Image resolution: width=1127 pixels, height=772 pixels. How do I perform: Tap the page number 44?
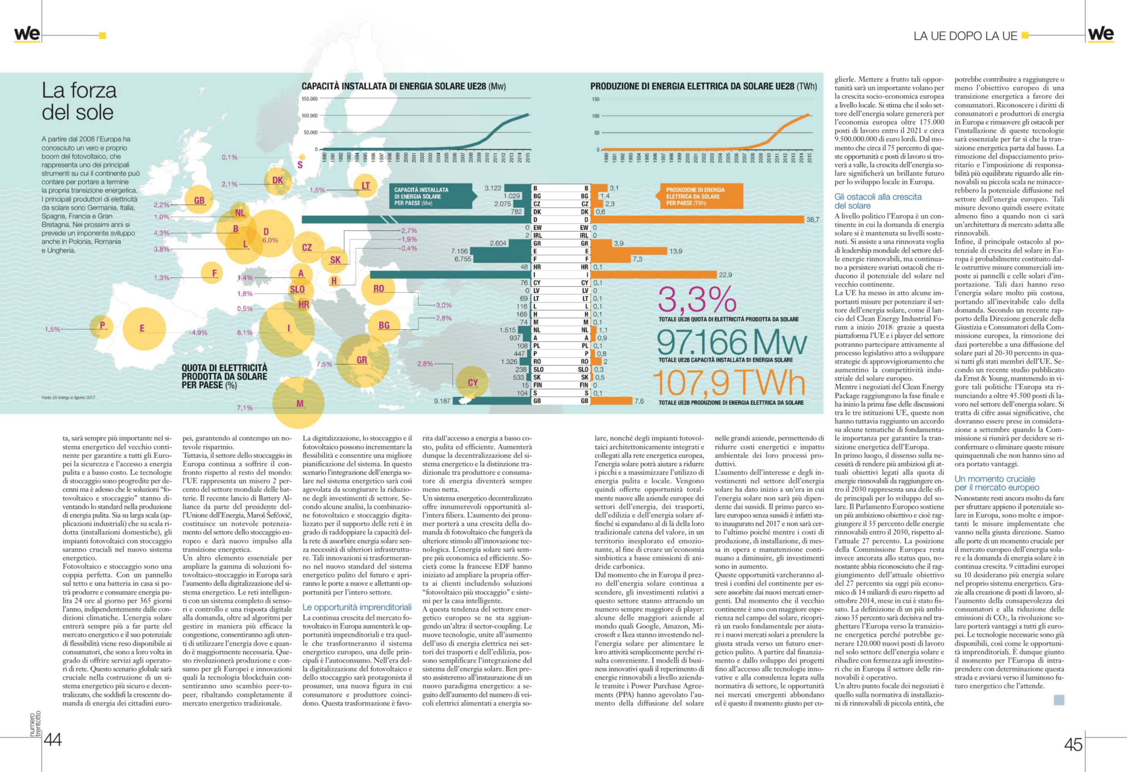coord(53,739)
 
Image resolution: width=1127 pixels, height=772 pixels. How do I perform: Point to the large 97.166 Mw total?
coord(731,342)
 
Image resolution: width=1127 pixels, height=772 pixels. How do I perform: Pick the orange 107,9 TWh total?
coord(728,383)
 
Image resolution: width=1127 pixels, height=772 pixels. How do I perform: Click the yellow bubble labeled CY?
coord(472,382)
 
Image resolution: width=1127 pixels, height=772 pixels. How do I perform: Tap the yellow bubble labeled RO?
coord(378,288)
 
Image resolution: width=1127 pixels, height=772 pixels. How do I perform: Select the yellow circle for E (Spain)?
coord(144,329)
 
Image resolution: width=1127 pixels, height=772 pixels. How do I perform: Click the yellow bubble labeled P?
coord(102,326)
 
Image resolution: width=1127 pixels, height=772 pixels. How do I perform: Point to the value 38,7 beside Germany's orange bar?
coord(813,220)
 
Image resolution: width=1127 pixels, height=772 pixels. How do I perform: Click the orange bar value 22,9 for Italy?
coord(725,275)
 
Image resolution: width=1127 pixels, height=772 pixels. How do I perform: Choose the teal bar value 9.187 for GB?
coord(442,401)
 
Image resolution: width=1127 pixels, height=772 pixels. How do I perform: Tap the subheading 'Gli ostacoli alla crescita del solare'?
coord(877,201)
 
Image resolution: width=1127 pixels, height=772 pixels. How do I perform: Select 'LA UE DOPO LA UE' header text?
coord(965,36)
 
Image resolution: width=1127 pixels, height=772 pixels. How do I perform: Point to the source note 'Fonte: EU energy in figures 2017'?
coord(68,398)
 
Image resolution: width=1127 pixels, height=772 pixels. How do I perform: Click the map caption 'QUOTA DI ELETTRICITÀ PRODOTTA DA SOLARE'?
coord(224,376)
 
